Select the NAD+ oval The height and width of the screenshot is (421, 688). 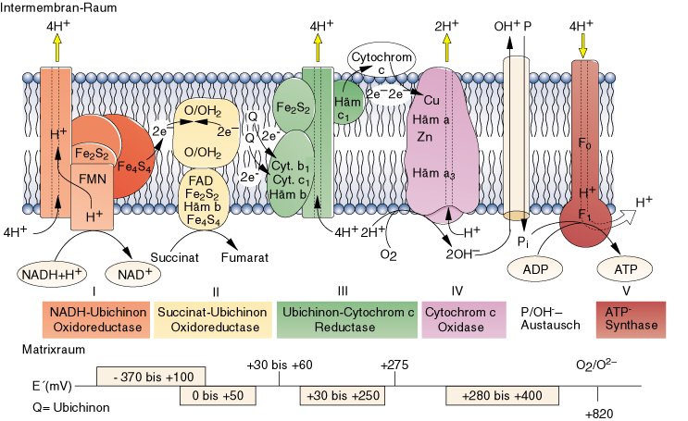pyautogui.click(x=134, y=273)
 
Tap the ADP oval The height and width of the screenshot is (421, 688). pyautogui.click(x=537, y=269)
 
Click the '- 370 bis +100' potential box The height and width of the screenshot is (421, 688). pyautogui.click(x=151, y=376)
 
